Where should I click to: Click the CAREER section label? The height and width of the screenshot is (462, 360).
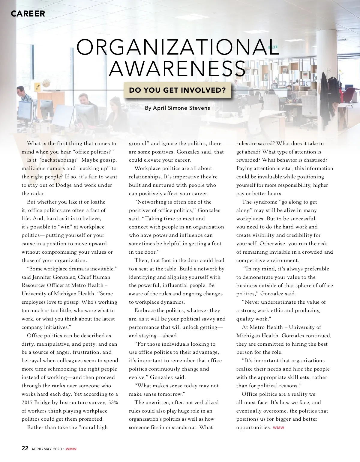pyautogui.click(x=28, y=13)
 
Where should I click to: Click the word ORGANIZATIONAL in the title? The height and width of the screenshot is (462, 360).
pyautogui.click(x=178, y=47)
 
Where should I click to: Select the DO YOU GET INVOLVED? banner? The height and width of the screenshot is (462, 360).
pyautogui.click(x=177, y=90)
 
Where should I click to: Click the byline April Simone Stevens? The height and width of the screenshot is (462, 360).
pyautogui.click(x=177, y=108)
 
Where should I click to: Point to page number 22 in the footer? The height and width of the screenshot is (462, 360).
pyautogui.click(x=25, y=449)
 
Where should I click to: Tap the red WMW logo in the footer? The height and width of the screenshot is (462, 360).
pyautogui.click(x=71, y=449)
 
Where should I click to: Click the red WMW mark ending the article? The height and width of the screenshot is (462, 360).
pyautogui.click(x=278, y=428)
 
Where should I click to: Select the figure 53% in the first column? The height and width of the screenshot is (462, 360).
pyautogui.click(x=113, y=402)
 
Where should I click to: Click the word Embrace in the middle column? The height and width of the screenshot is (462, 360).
pyautogui.click(x=145, y=311)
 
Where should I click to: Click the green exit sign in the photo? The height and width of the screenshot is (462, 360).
pyautogui.click(x=273, y=47)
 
